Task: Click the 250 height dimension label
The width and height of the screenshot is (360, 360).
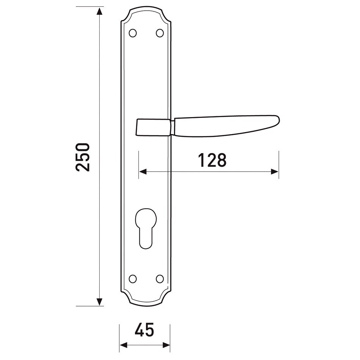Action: point(82,157)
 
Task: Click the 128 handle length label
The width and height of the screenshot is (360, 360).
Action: point(212,160)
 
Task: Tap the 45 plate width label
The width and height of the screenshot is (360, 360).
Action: point(144,330)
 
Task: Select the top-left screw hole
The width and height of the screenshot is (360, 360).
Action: point(133,33)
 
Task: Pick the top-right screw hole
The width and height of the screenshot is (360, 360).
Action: point(160,33)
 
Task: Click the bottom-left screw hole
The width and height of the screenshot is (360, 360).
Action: point(133,279)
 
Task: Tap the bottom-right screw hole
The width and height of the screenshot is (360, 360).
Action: point(160,279)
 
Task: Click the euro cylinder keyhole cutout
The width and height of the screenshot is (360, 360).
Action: point(146,228)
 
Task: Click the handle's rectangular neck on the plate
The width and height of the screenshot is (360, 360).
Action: point(154,127)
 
